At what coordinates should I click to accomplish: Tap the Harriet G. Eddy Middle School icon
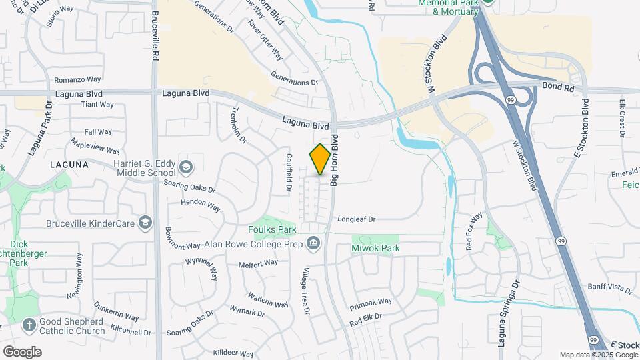tap(187, 167)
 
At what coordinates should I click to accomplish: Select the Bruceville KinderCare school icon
tap(144, 223)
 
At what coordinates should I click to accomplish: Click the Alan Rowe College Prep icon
tap(313, 243)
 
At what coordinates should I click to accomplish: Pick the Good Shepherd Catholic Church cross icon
tap(29, 325)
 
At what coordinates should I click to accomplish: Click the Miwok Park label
tap(375, 248)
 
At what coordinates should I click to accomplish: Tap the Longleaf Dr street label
tap(357, 219)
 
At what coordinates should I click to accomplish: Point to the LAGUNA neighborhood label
tap(69, 164)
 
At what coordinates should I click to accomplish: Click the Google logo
tap(22, 351)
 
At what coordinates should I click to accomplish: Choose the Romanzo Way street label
tap(77, 79)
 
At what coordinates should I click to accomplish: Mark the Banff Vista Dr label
tap(609, 288)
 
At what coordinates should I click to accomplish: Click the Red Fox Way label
tap(474, 231)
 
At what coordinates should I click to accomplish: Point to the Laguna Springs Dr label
tap(508, 313)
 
